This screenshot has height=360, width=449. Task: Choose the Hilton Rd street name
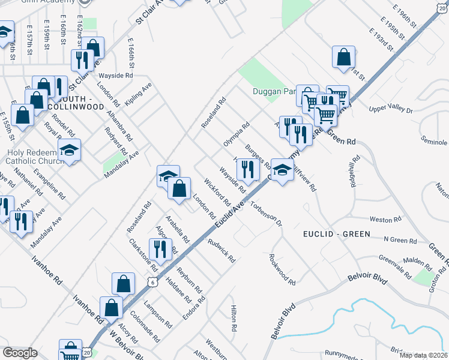tap(234, 318)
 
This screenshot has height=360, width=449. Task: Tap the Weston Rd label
tap(385, 220)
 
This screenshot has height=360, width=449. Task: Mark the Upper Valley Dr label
tap(391, 110)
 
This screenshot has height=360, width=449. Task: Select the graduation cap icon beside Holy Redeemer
tap(69, 151)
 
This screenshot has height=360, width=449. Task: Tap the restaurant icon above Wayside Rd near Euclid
tap(247, 169)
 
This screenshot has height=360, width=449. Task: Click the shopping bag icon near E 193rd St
tap(343, 58)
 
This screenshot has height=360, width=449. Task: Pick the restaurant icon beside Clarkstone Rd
tap(160, 248)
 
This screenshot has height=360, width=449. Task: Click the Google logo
tap(20, 353)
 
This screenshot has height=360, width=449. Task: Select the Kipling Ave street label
tap(139, 95)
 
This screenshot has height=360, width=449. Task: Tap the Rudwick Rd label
tap(221, 251)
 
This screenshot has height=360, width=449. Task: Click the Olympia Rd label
tap(236, 135)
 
